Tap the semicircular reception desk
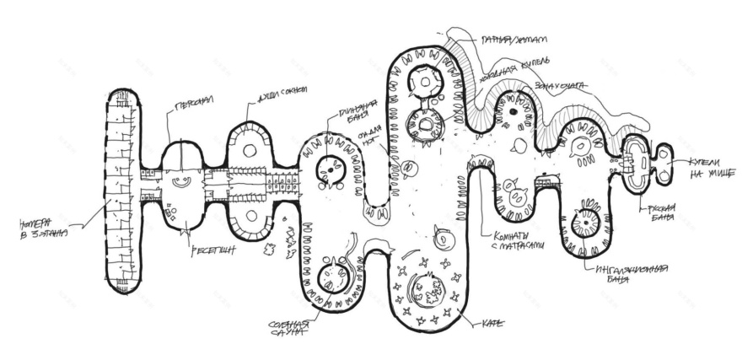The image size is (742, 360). point(180,180)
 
